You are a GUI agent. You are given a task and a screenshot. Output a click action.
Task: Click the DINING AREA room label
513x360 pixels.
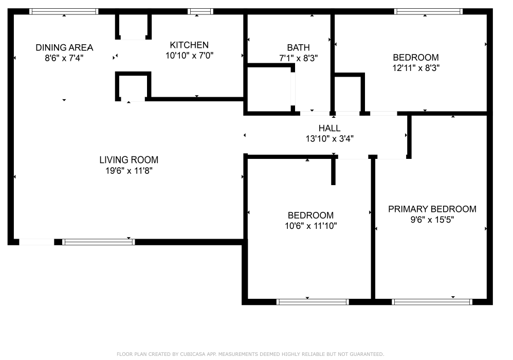pos(64,47)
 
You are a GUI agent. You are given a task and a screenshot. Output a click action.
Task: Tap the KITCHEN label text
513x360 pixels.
pos(189,45)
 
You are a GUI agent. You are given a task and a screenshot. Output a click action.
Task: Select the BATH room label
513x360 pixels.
pos(298,47)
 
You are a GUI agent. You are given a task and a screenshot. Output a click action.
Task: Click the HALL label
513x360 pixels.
pos(329,128)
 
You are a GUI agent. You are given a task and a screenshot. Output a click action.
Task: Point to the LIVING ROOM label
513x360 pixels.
pos(129,160)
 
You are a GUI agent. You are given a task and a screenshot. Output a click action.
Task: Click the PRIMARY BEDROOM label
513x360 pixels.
pos(432,209)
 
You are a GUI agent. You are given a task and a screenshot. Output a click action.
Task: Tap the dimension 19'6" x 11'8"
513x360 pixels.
pos(129,171)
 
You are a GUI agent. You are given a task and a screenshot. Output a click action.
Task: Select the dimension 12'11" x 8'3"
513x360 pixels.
pos(416,68)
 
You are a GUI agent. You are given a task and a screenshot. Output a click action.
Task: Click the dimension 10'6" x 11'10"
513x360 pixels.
pos(311,226)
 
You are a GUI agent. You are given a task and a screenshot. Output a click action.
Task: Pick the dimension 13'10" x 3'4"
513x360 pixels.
pos(329,139)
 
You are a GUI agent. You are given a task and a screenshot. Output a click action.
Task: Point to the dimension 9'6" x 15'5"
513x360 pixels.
pos(432,220)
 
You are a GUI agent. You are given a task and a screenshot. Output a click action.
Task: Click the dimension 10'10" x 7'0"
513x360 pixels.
pos(189,56)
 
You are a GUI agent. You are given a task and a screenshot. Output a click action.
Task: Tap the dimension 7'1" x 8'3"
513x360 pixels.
pos(298,58)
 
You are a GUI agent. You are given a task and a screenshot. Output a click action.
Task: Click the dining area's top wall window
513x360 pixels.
pos(64,11)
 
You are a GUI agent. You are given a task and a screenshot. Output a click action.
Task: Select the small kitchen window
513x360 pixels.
pos(200,11)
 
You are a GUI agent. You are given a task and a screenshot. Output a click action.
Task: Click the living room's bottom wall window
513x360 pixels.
pos(99,242)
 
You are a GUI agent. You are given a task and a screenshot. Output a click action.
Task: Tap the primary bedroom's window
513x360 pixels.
pos(432,302)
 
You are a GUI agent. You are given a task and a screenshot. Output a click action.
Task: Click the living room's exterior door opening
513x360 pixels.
pos(36,242)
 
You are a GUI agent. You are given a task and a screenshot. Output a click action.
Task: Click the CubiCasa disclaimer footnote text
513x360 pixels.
pos(250,354)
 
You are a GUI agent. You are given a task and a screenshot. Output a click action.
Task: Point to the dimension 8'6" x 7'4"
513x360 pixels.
pos(64,58)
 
